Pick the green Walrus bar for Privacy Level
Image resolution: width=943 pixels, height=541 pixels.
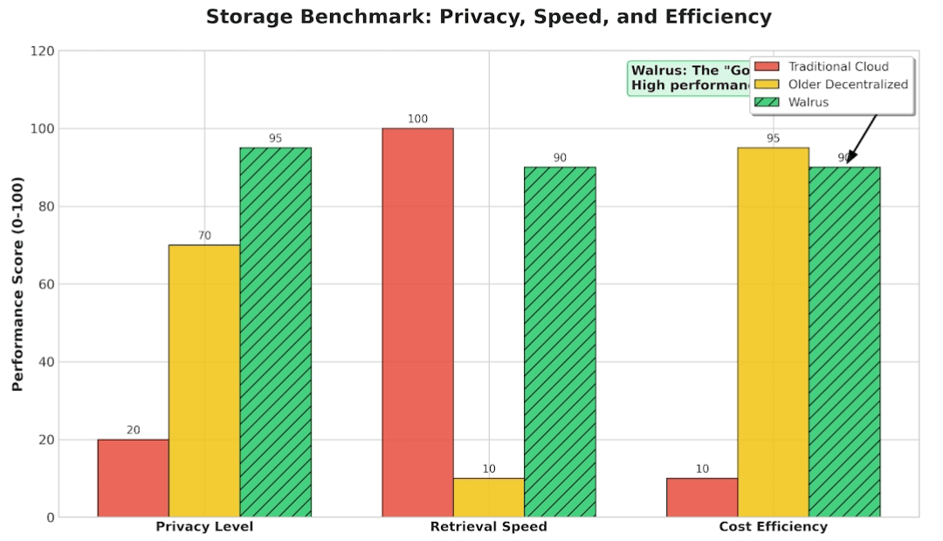coord(275,332)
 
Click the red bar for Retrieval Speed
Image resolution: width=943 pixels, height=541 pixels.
coord(417,323)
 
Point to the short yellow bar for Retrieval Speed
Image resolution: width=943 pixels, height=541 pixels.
coord(488,497)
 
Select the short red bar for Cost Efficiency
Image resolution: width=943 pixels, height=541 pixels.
coord(702,497)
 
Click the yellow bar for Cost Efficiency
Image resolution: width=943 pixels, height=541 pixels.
coord(773,332)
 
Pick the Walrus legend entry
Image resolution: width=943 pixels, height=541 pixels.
coord(808,102)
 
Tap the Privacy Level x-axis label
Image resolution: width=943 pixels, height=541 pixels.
coord(204,527)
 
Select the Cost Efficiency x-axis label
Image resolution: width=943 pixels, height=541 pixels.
coord(773,527)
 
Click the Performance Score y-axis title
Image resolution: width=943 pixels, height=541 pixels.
coord(17,284)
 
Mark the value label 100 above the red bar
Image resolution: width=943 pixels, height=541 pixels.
coord(417,119)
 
